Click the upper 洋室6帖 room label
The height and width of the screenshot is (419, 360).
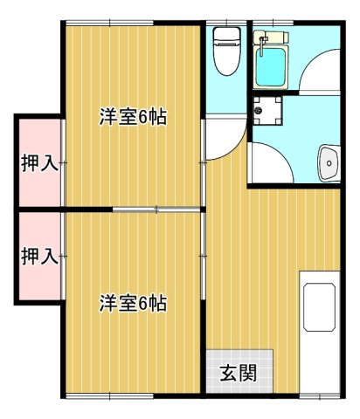tap(133, 117)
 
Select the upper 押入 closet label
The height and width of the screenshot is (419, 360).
tap(39, 162)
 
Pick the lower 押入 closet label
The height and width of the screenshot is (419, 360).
tap(39, 256)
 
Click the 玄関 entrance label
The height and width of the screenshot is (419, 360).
tap(238, 374)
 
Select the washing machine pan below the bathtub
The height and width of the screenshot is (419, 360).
tap(268, 112)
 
